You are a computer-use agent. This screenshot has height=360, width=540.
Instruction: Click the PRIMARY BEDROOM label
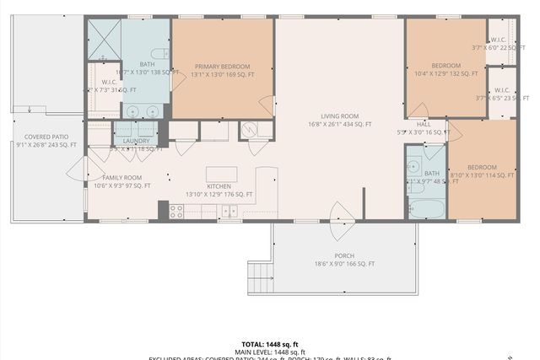point(224,67)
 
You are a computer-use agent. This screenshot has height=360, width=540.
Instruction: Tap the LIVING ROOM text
point(339,116)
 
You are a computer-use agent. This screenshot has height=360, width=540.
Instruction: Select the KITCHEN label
point(219,187)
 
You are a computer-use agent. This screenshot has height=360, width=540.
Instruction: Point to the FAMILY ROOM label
point(121,178)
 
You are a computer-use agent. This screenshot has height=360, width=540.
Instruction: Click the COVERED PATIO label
point(46,137)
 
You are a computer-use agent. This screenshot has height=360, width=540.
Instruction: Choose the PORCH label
point(343,255)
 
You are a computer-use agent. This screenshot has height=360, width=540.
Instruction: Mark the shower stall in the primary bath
point(105,38)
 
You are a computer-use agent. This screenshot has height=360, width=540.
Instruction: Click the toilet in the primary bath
point(165,53)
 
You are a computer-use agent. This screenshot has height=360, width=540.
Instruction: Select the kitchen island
point(221,175)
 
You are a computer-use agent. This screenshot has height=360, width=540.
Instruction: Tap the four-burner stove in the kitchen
point(176,212)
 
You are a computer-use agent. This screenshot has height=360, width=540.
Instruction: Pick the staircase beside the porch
point(258,277)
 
